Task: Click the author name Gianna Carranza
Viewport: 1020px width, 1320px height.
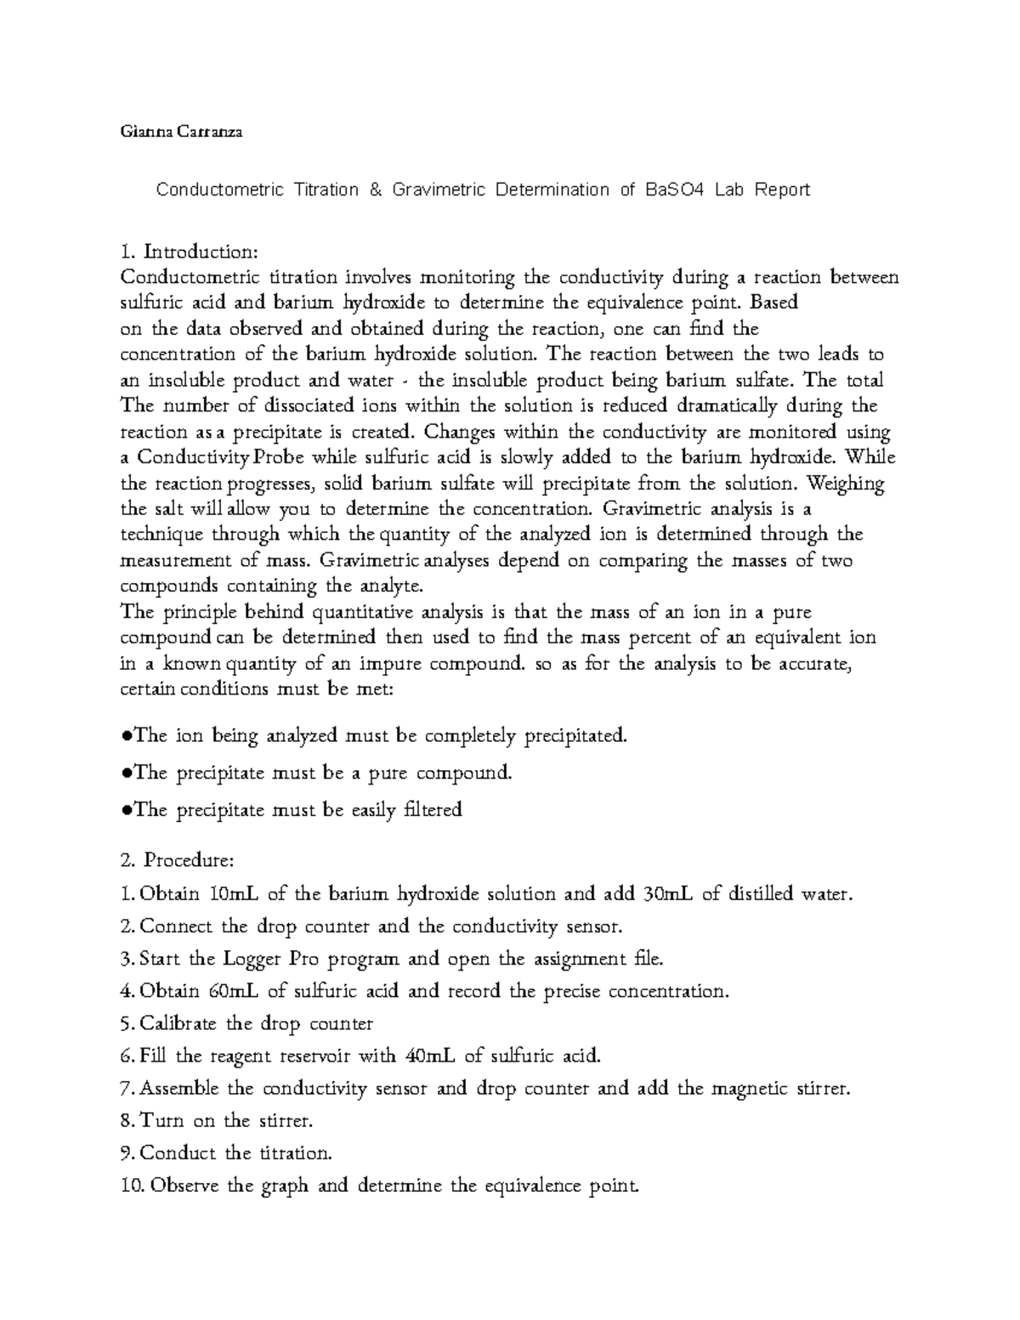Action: coord(181,133)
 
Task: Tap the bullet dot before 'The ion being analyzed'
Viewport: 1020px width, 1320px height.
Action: coord(126,736)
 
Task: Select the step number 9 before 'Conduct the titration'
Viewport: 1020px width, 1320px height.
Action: coord(128,1153)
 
